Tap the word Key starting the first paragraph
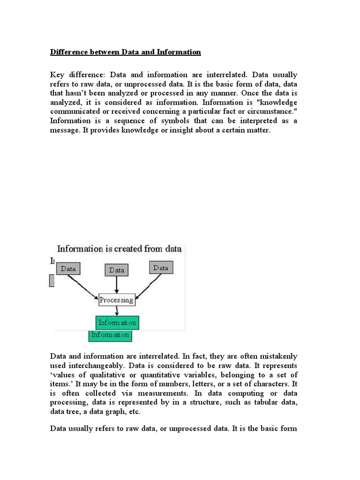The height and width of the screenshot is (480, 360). [58, 75]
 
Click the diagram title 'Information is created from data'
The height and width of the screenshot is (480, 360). [119, 249]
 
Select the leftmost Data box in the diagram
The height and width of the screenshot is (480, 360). [68, 269]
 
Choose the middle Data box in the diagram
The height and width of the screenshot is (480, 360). [117, 270]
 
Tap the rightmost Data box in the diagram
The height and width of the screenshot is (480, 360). [161, 268]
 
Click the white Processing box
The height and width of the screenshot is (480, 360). [116, 299]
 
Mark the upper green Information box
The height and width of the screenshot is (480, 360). [117, 322]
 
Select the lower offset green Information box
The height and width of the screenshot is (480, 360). [110, 335]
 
